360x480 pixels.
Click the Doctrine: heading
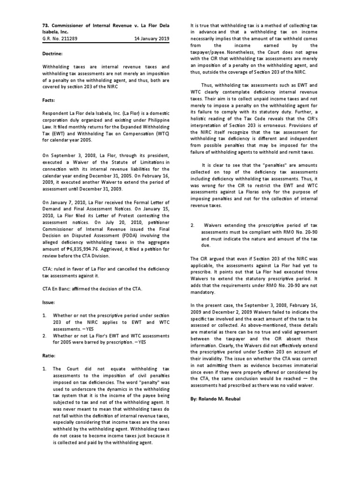[52, 54]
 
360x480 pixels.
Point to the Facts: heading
[49, 100]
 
